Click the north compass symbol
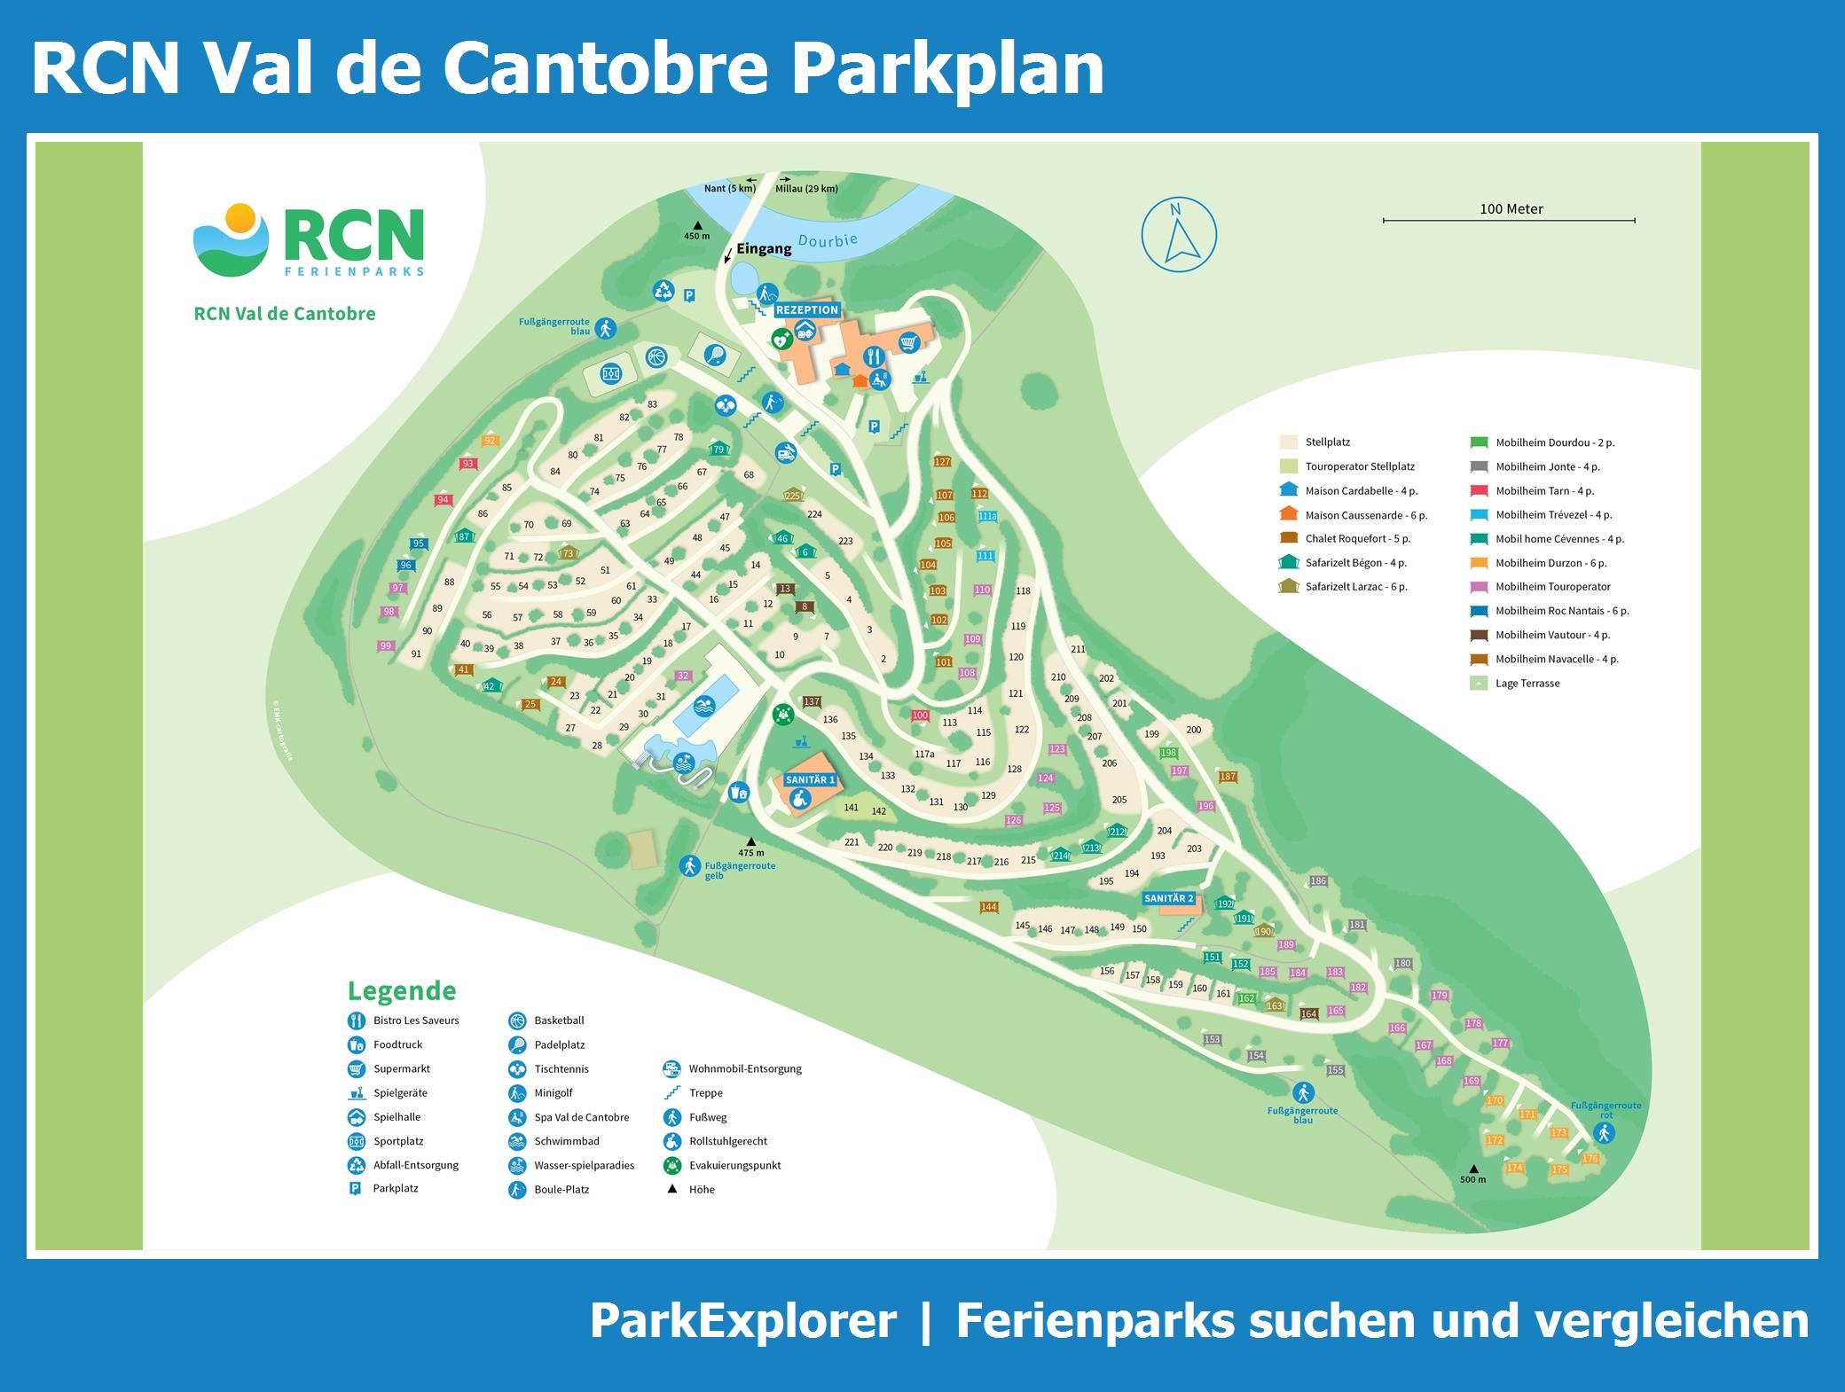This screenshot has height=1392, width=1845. [x=1179, y=234]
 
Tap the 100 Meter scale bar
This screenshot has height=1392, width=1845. [x=1509, y=219]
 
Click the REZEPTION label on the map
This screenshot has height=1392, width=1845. [x=806, y=309]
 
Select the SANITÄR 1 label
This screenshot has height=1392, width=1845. [x=811, y=779]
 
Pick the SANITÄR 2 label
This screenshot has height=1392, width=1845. [x=1168, y=898]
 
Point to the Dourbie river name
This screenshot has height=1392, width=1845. [x=828, y=240]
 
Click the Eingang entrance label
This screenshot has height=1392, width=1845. [x=764, y=249]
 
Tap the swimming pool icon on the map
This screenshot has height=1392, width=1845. [x=703, y=706]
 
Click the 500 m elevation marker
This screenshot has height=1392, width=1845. [x=1472, y=1173]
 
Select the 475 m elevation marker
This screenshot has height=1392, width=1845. [x=750, y=847]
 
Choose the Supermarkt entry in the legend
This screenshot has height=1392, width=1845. [x=401, y=1068]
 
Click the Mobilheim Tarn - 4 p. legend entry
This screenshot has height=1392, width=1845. [x=1544, y=490]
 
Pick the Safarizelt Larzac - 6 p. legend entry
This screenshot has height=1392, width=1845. [x=1355, y=586]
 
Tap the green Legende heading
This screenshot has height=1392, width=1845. [x=402, y=990]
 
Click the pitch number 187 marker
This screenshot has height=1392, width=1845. [x=1228, y=777]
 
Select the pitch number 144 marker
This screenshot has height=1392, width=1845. [x=989, y=907]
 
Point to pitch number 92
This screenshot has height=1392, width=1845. [x=490, y=441]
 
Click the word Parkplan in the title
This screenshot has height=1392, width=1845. [x=947, y=68]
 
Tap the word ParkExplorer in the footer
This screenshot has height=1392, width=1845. [x=742, y=1320]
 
